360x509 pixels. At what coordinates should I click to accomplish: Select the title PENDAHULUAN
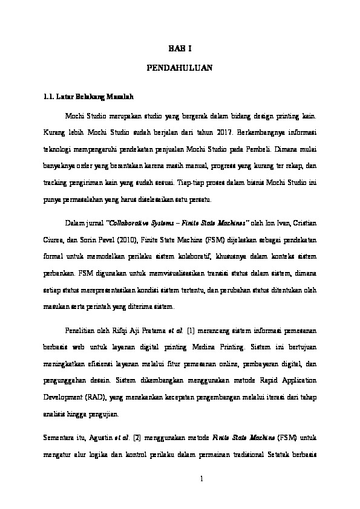pos(180,70)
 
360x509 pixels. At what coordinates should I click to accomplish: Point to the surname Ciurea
pos(50,239)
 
